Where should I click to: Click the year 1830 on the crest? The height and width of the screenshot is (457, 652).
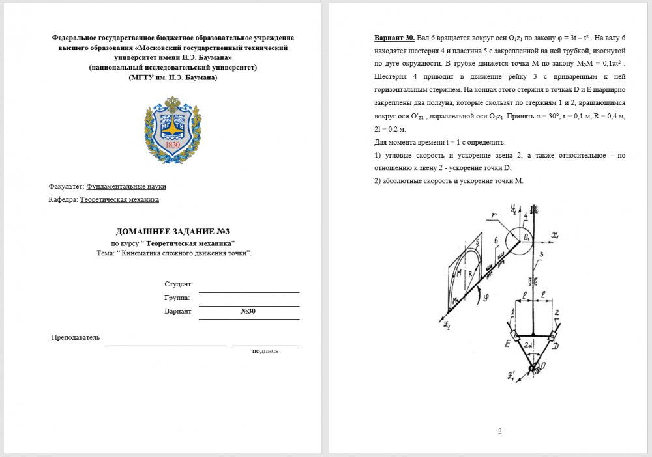click(x=172, y=145)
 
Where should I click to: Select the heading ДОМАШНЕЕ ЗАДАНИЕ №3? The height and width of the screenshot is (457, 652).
click(x=172, y=232)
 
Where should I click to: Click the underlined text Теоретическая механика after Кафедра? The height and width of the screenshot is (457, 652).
click(x=119, y=200)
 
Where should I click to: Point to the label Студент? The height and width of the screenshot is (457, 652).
click(x=179, y=284)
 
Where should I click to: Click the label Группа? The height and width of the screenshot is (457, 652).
click(x=177, y=298)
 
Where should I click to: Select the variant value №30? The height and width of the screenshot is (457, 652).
click(x=248, y=311)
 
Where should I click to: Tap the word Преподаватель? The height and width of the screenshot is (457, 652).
click(x=76, y=337)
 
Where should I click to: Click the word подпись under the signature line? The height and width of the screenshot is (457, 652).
click(x=265, y=351)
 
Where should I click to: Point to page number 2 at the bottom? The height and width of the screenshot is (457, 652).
click(x=499, y=431)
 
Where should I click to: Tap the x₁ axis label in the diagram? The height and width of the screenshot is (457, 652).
click(x=555, y=235)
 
